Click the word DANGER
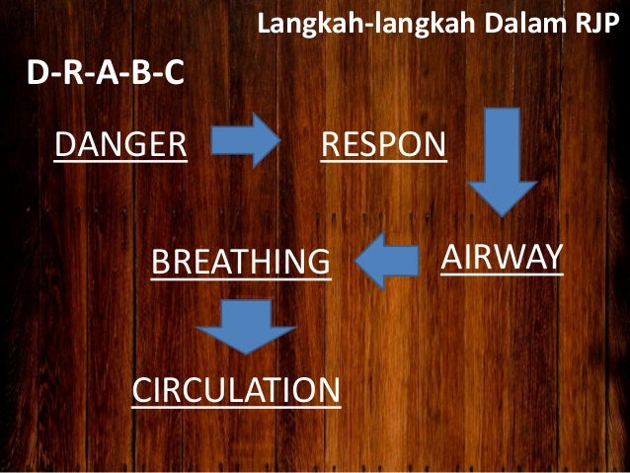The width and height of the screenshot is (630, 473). [x=120, y=144]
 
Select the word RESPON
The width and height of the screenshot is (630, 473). [x=383, y=145]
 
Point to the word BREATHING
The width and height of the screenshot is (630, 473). [x=239, y=263]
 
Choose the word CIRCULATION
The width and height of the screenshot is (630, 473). [x=236, y=390]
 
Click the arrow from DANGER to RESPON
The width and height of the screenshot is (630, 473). [x=246, y=141]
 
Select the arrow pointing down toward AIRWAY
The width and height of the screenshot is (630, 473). [x=501, y=161]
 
